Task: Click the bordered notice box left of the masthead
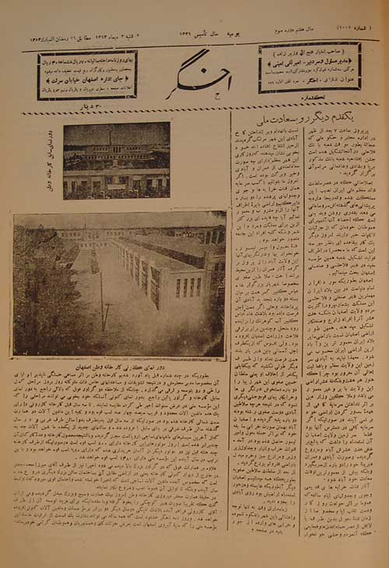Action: [x=87, y=75]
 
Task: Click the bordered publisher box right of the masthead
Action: [x=310, y=67]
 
